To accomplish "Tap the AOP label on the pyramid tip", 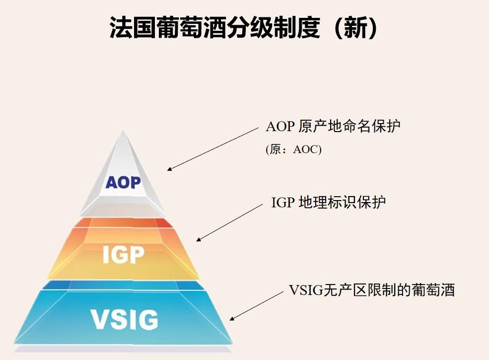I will pos(123,182).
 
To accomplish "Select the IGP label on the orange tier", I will pos(123,254).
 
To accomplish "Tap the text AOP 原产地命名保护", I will pos(333,126).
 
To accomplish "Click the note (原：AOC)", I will pos(293,149).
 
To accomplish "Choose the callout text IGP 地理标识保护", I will pos(329,202).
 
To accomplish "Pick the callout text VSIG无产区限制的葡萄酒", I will pos(372,290).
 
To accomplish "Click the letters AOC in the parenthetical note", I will pos(305,149).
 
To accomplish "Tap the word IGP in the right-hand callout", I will pos(283,203).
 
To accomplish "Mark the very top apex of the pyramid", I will pos(123,130).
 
